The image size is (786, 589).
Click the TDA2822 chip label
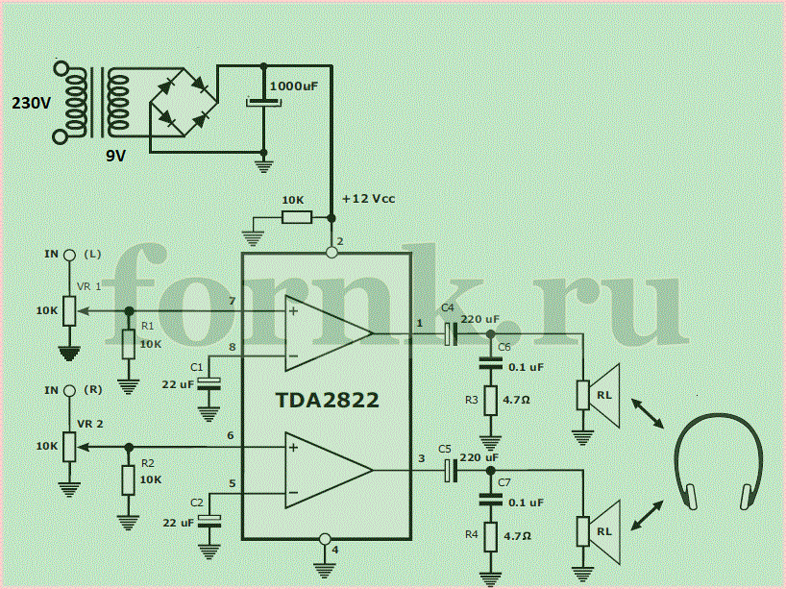coord(328,400)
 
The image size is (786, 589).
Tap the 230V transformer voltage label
coord(31,103)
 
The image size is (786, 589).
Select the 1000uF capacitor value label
coord(294,86)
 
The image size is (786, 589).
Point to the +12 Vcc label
coord(368,199)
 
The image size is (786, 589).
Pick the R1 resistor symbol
coord(129,344)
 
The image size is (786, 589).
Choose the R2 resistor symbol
coord(129,480)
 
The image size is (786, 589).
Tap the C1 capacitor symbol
coord(209,384)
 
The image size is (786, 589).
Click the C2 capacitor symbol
coord(209,521)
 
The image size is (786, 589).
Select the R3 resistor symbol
coord(491,400)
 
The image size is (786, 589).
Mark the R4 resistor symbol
coord(491,536)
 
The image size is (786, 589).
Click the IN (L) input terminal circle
coord(68,256)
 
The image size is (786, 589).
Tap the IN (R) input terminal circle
coord(68,391)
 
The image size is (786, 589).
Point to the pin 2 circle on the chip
coord(332,253)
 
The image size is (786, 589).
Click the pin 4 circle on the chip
coord(325,539)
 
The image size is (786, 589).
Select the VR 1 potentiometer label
coord(88,286)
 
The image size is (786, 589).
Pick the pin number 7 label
coord(231,301)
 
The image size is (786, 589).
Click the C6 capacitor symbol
coord(491,363)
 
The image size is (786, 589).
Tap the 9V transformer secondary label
coord(115,156)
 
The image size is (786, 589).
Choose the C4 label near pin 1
coord(448,308)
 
